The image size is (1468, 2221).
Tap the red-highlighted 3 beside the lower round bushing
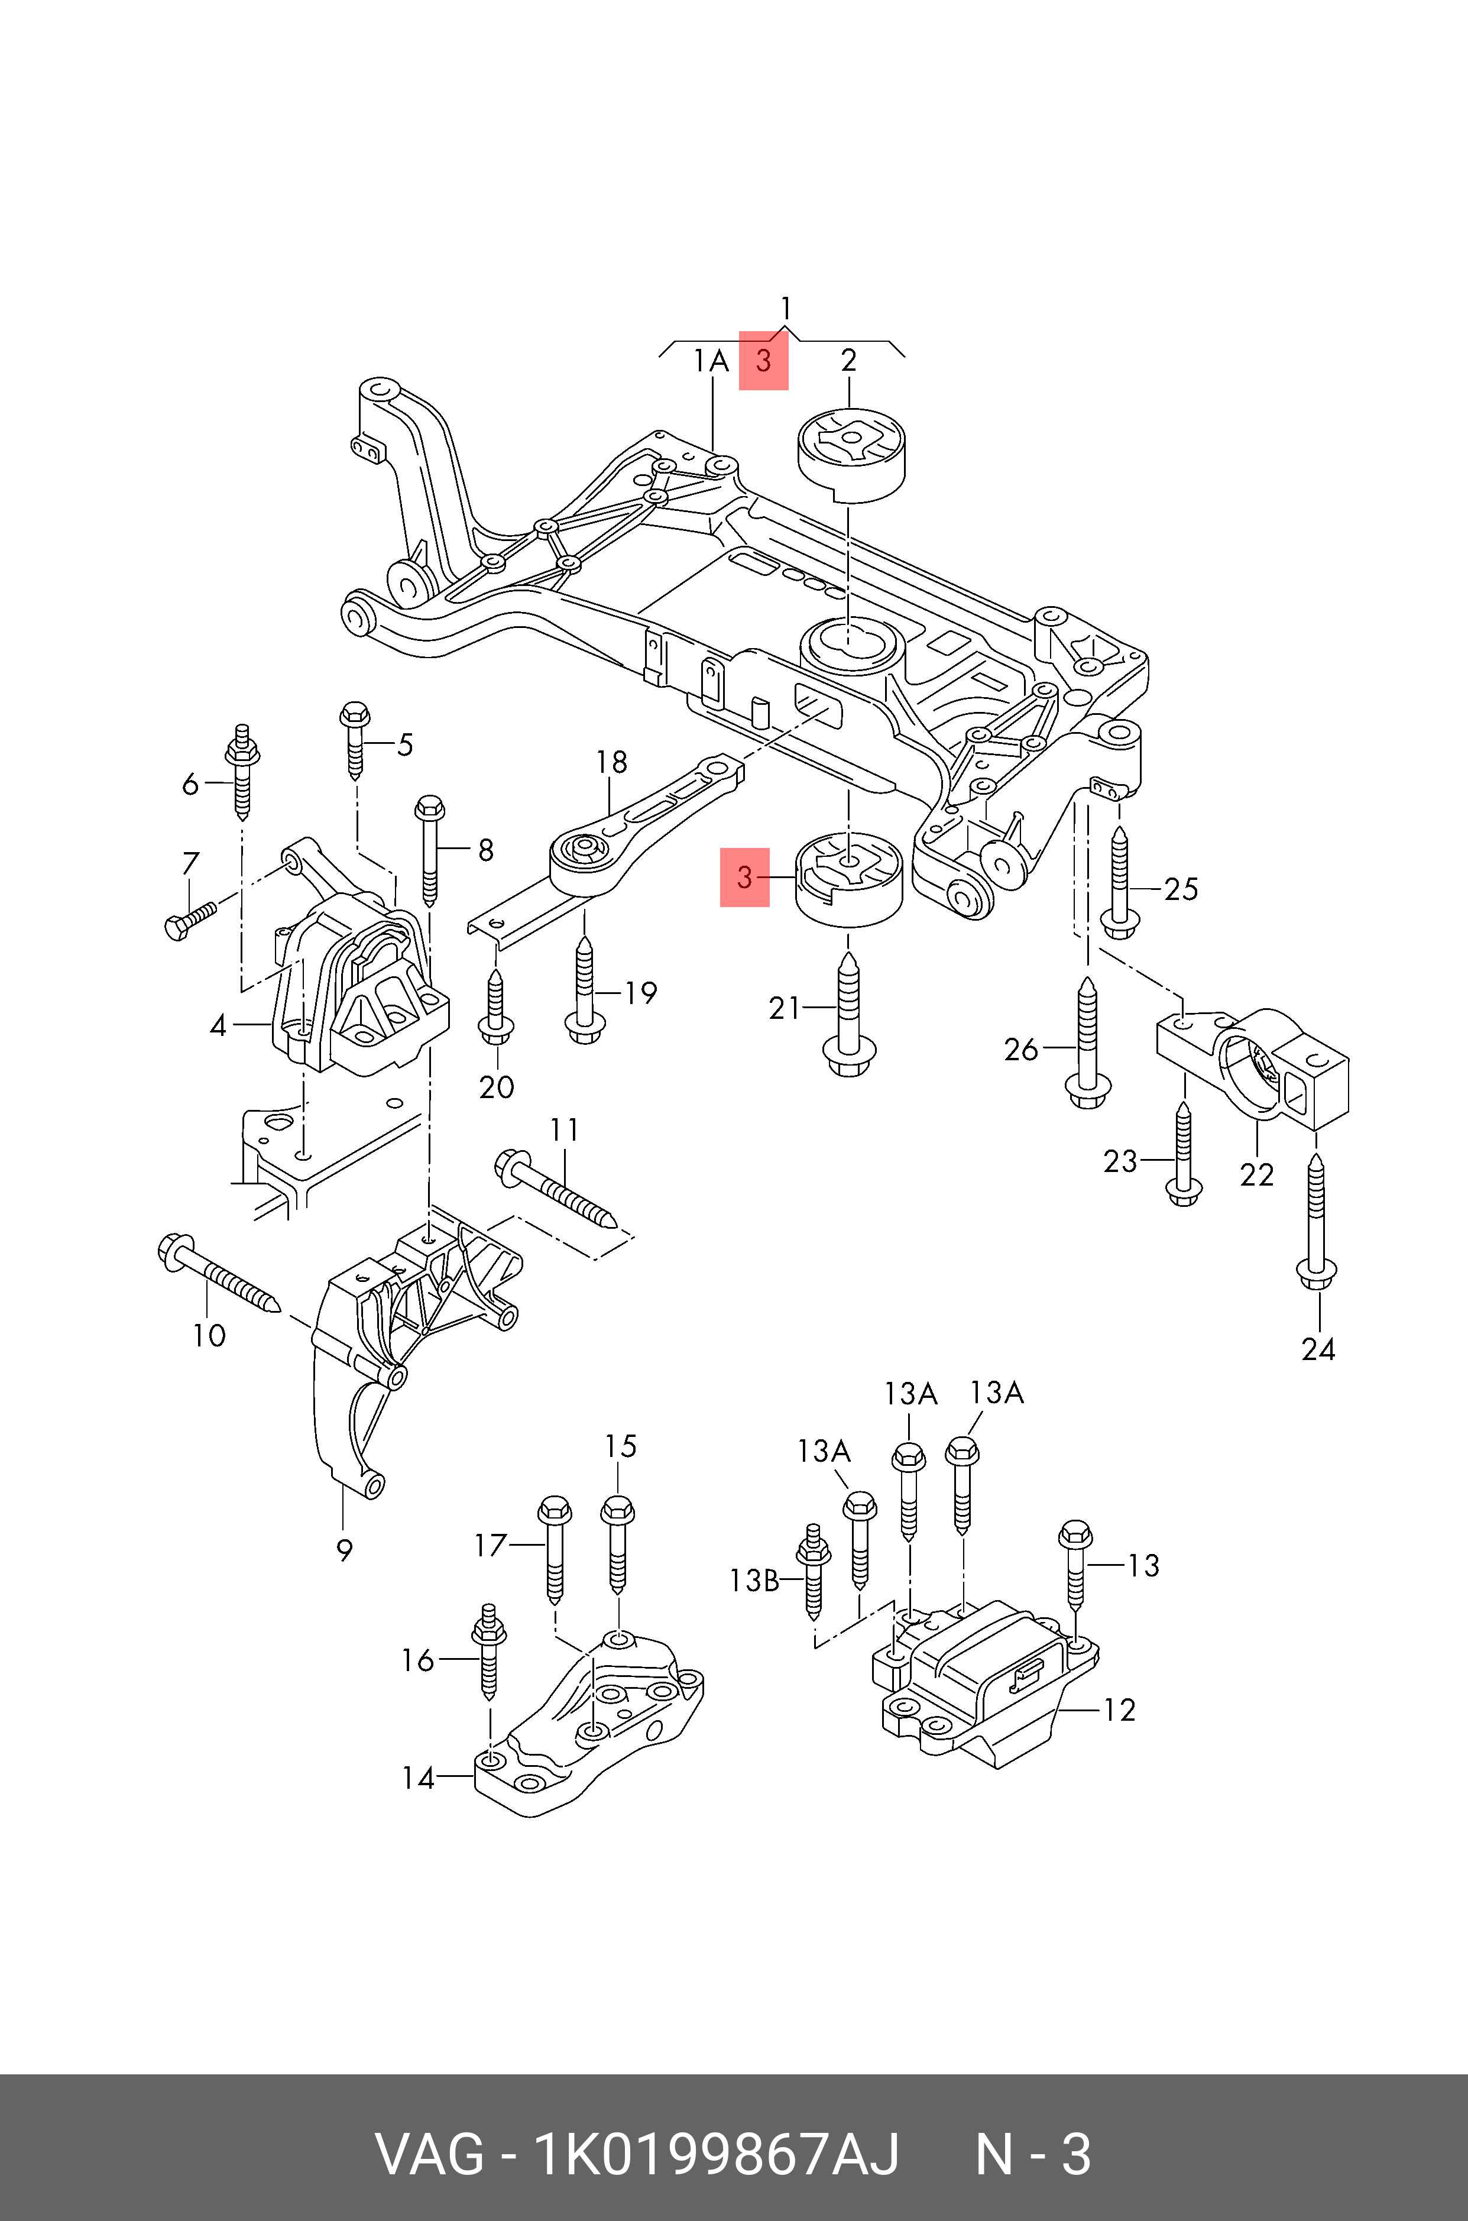pos(744,878)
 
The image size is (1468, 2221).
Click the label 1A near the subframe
pos(711,361)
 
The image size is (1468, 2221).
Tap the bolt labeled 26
pos(1087,1042)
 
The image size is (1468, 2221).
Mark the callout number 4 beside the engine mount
pos(218,1026)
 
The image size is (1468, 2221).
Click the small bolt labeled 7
pos(190,921)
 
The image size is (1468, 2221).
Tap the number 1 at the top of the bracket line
pos(786,308)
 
